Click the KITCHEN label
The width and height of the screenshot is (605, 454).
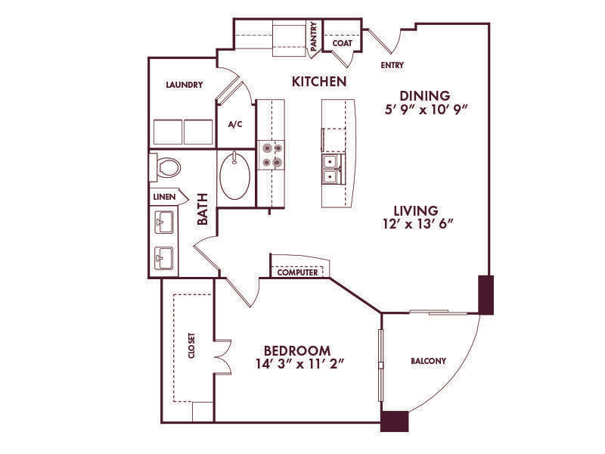[319, 82]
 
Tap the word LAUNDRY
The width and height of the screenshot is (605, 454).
[185, 85]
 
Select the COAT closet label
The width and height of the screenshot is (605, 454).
[343, 43]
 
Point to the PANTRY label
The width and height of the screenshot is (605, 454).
[314, 36]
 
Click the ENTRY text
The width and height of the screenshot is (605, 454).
[392, 65]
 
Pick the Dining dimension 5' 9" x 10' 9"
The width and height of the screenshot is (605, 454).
[426, 110]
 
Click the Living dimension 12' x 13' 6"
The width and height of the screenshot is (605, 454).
[417, 223]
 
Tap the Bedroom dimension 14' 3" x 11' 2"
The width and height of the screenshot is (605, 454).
[299, 364]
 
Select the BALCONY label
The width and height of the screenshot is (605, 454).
[428, 361]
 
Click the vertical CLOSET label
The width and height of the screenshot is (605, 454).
[192, 346]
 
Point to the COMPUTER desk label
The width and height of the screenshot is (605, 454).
[297, 272]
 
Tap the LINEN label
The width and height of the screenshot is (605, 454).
[164, 197]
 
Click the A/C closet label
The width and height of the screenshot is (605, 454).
[235, 124]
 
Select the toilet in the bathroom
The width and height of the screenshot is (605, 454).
[165, 167]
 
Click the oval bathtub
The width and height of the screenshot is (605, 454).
[234, 176]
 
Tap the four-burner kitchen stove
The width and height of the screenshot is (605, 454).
[271, 155]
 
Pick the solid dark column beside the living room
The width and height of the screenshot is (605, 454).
[486, 295]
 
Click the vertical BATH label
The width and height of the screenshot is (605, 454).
[203, 209]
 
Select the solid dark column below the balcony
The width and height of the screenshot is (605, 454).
[394, 421]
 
